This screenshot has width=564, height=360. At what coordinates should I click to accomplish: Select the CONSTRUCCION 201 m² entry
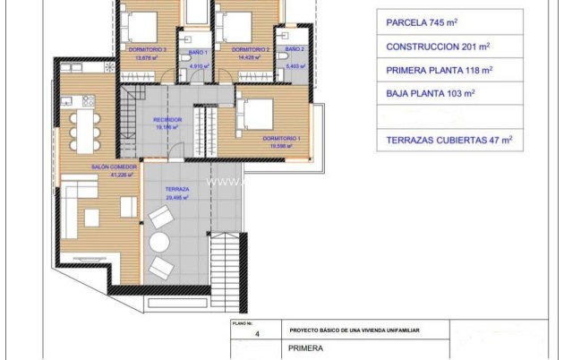pos(437,46)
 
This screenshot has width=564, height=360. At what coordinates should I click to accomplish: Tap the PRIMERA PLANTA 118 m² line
pos(439,69)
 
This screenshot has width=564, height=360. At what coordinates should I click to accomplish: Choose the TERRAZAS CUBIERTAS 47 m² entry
pos(449,140)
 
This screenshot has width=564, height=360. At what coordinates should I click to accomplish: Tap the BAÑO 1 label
pos(198,51)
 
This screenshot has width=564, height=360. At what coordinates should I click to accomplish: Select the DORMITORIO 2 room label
pos(250,50)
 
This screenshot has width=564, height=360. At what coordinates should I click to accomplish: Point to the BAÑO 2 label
pos(295,50)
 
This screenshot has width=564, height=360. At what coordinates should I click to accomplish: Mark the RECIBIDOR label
pos(167,119)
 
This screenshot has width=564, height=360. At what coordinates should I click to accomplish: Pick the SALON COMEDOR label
pos(112,167)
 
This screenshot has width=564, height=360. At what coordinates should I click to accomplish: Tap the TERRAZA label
pos(176,190)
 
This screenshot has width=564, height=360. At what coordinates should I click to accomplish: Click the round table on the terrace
pos(160,242)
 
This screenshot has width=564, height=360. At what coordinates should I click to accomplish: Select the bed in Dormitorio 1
pos(256,113)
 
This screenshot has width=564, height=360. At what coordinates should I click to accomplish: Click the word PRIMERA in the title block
pos(307,350)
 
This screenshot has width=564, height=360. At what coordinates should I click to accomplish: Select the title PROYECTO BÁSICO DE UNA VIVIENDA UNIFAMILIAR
pos(355,330)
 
